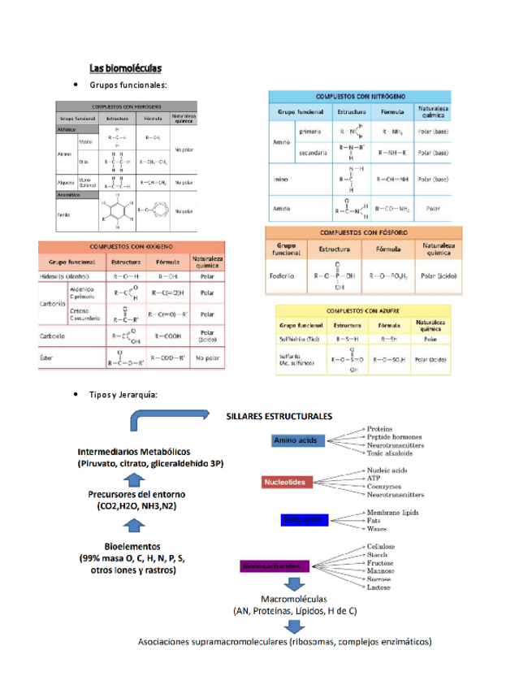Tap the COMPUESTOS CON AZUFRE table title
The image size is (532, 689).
pyautogui.click(x=362, y=310)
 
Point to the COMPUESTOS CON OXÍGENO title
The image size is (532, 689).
pyautogui.click(x=131, y=246)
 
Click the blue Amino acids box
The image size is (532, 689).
pyautogui.click(x=298, y=440)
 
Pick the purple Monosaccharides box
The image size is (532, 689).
pyautogui.click(x=270, y=565)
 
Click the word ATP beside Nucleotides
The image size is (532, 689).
pyautogui.click(x=374, y=478)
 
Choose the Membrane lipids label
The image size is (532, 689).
pyautogui.click(x=394, y=513)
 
